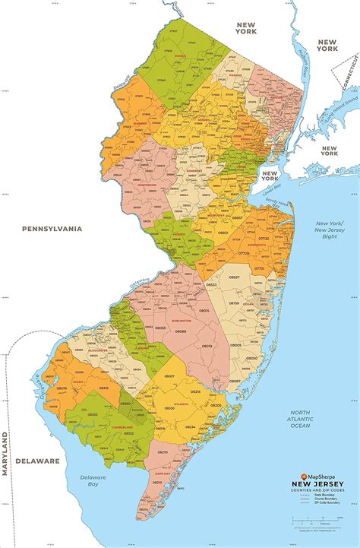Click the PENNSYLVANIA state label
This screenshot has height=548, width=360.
tap(52, 228)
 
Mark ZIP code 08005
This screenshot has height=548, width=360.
tap(235, 344)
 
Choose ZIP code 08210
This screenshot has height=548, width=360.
tap(163, 451)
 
